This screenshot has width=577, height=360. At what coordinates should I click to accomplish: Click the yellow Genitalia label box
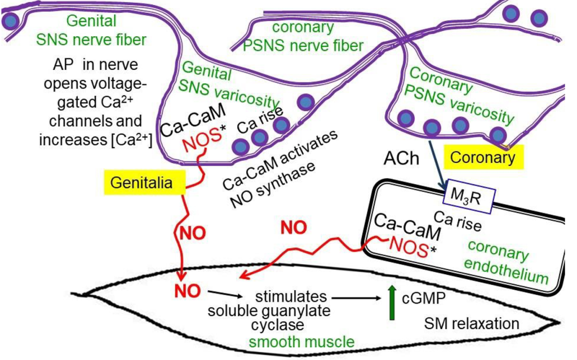pos(145,184)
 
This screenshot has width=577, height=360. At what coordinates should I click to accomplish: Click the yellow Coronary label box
pos(483,157)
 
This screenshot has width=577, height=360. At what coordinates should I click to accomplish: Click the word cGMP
pos(424,297)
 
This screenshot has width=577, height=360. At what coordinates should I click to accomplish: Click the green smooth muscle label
pos(302,341)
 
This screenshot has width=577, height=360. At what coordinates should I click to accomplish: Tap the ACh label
pos(401,158)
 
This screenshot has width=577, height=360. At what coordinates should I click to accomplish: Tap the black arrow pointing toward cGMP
pos(355,297)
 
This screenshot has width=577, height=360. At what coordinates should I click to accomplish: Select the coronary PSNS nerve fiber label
pos(303,36)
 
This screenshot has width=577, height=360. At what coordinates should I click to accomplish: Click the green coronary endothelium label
pos(507,262)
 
